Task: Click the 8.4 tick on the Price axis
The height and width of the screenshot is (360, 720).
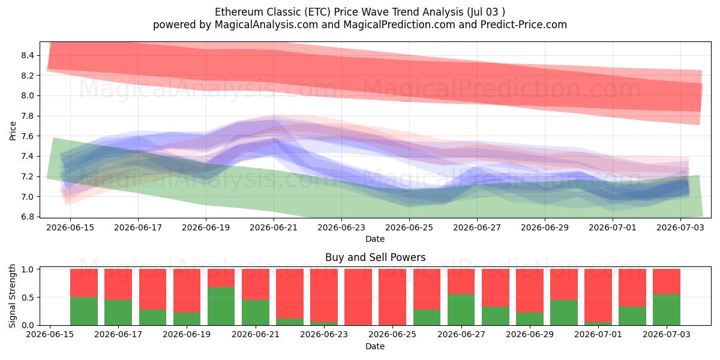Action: (x=28, y=56)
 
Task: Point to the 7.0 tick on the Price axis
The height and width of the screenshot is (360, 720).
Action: (x=28, y=197)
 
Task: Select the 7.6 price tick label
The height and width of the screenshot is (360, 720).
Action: (x=28, y=136)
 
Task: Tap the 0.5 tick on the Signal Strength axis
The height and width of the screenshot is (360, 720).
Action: (x=28, y=298)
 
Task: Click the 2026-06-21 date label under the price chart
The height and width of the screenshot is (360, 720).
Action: (x=274, y=227)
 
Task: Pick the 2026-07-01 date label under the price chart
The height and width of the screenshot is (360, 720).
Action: (x=613, y=227)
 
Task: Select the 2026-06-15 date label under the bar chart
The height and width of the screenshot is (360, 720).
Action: (x=50, y=334)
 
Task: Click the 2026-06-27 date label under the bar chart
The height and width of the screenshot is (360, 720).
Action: (x=461, y=334)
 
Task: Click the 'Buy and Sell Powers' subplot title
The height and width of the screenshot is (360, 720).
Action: (x=375, y=257)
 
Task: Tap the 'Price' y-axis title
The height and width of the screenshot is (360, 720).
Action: (x=13, y=131)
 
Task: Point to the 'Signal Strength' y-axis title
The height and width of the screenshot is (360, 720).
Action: (x=12, y=296)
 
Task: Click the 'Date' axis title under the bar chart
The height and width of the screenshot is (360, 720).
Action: (x=375, y=346)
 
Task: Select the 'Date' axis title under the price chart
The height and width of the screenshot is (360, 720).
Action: (x=375, y=239)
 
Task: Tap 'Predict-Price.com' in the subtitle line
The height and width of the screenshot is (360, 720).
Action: (x=524, y=25)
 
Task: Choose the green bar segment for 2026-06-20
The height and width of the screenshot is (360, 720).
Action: (x=221, y=307)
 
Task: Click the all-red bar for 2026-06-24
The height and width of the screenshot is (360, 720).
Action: (x=358, y=297)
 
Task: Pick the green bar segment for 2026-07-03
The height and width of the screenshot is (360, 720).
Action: (x=667, y=310)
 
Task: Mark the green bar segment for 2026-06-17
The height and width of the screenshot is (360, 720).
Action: (x=118, y=313)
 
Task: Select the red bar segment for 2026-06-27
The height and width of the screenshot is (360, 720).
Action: (x=461, y=281)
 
